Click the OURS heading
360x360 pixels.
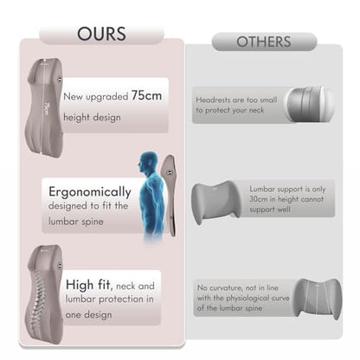click(x=101, y=34)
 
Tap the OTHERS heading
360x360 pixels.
click(x=264, y=42)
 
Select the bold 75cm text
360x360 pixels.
click(x=146, y=95)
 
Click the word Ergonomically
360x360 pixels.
click(x=90, y=192)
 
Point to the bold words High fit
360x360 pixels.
click(x=88, y=285)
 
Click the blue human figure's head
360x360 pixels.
click(x=148, y=163)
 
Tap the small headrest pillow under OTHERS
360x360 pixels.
click(x=309, y=105)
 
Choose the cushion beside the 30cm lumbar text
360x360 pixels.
click(x=216, y=202)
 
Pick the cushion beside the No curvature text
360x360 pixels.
click(x=318, y=299)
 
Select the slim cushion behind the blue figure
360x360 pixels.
click(x=170, y=196)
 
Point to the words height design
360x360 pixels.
click(x=92, y=118)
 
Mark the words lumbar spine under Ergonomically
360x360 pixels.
click(x=76, y=222)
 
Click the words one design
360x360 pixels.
click(x=88, y=314)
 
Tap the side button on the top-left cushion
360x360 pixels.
click(x=60, y=79)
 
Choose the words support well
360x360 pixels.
click(x=270, y=209)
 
